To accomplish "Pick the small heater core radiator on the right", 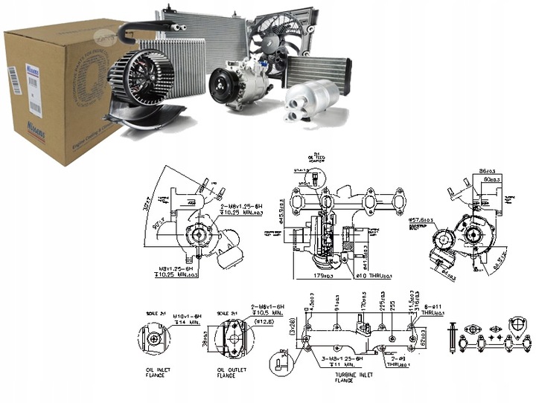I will [x=324, y=74].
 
